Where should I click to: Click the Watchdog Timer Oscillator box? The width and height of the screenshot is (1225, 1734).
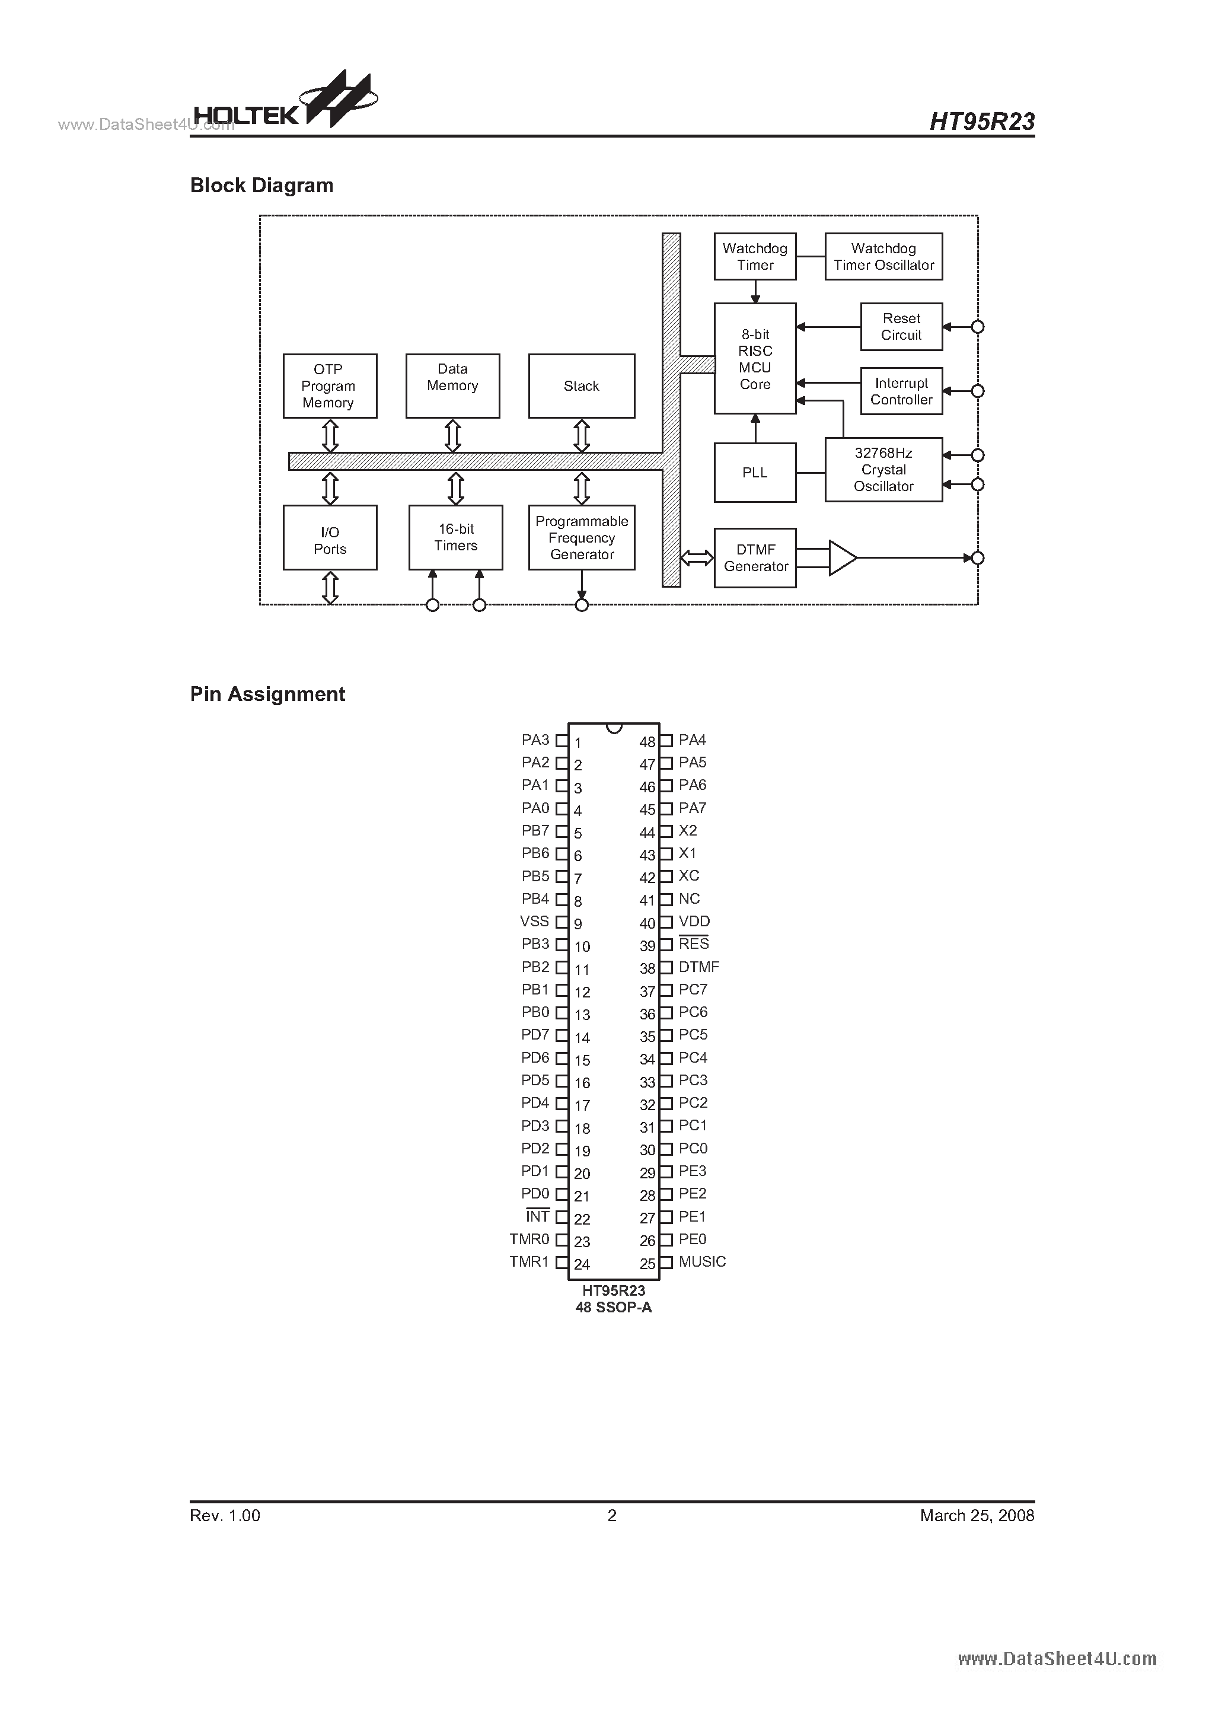[x=883, y=257]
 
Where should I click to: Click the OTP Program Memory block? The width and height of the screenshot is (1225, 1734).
[x=329, y=386]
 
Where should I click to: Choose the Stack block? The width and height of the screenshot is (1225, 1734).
[x=581, y=386]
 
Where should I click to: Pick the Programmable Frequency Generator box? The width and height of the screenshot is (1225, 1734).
[x=581, y=538]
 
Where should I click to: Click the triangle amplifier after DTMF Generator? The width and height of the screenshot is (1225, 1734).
[x=841, y=558]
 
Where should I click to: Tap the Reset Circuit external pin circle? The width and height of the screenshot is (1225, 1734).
[x=977, y=327]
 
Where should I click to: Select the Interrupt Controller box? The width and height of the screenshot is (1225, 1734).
[x=901, y=391]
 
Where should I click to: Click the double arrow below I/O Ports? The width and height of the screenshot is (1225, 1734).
[x=330, y=588]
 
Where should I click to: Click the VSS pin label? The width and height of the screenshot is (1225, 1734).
[x=534, y=922]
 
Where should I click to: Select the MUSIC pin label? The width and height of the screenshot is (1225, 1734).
[x=701, y=1262]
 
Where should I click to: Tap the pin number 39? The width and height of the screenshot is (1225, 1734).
[x=647, y=946]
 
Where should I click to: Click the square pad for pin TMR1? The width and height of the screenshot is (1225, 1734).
[x=561, y=1263]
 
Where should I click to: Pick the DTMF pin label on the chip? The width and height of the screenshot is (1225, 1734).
[x=698, y=967]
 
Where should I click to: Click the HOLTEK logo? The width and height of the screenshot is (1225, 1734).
[x=283, y=106]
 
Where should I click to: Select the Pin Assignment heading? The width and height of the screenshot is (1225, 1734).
[x=267, y=694]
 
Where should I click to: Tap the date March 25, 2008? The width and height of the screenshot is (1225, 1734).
[x=977, y=1515]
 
